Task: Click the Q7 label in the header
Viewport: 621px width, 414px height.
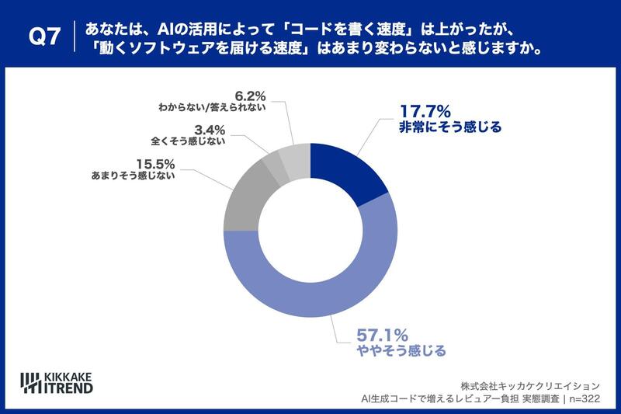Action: [43, 36]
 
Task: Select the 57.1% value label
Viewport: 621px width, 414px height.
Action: [382, 336]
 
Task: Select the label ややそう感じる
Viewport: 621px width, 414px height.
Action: [401, 351]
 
